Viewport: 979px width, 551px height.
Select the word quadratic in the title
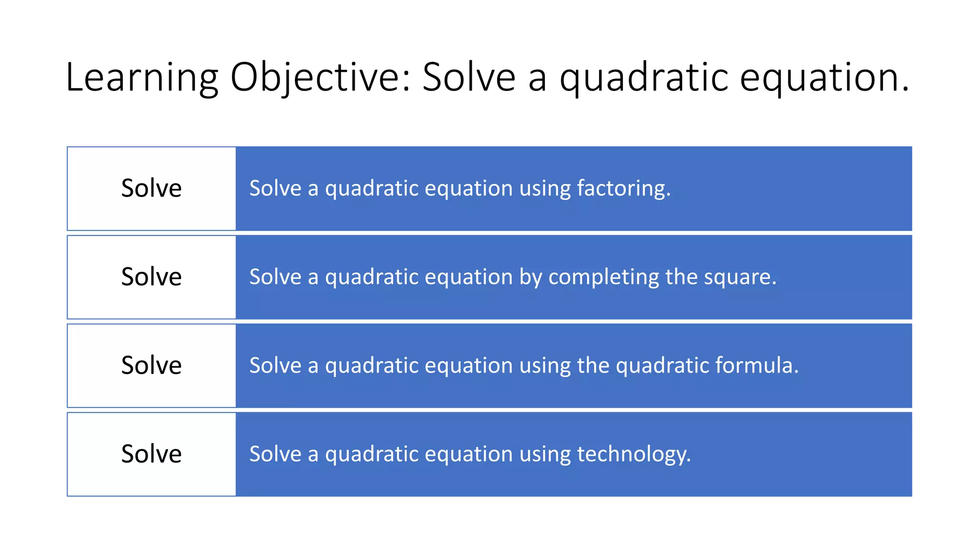(x=643, y=77)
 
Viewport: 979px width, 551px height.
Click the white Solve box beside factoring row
(x=152, y=188)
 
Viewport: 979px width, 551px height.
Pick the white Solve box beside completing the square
(x=152, y=277)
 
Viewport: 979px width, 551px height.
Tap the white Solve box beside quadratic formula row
(x=152, y=365)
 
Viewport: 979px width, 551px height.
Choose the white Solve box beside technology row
(x=152, y=454)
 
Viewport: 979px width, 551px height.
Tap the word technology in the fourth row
(x=633, y=454)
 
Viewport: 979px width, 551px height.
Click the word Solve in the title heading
(x=468, y=77)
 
